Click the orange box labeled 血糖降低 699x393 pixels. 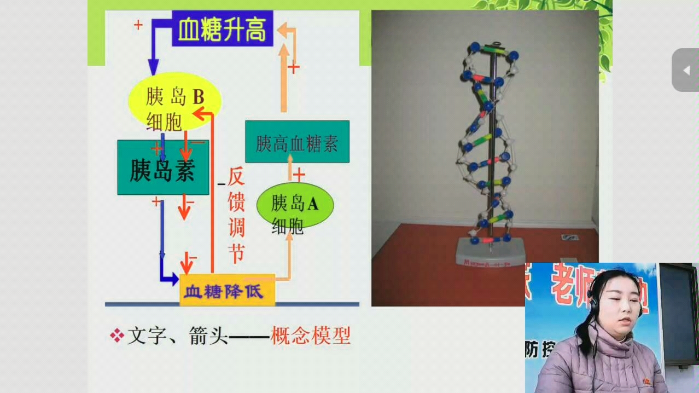tap(227, 290)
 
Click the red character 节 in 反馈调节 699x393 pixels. tap(236, 253)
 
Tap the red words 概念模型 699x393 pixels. tap(311, 335)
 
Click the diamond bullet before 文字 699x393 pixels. tap(116, 335)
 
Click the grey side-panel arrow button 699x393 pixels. tap(685, 70)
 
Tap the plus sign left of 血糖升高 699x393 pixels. tap(138, 25)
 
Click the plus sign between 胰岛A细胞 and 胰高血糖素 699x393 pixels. tap(299, 175)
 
